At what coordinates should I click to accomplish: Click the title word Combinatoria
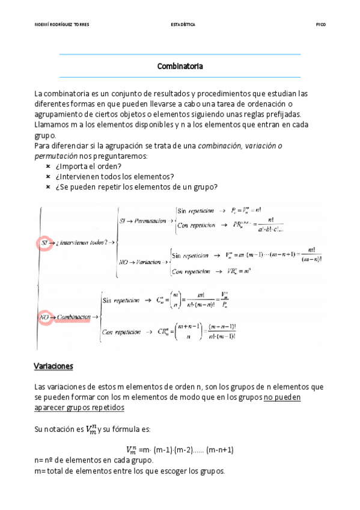(180, 66)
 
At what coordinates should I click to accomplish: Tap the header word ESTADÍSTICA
(183, 25)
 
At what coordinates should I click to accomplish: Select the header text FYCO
(320, 25)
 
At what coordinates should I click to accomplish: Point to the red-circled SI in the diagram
(44, 243)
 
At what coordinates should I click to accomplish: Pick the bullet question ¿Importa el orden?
(88, 166)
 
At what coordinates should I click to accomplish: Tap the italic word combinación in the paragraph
(219, 146)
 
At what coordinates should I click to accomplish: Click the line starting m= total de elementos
(129, 470)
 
